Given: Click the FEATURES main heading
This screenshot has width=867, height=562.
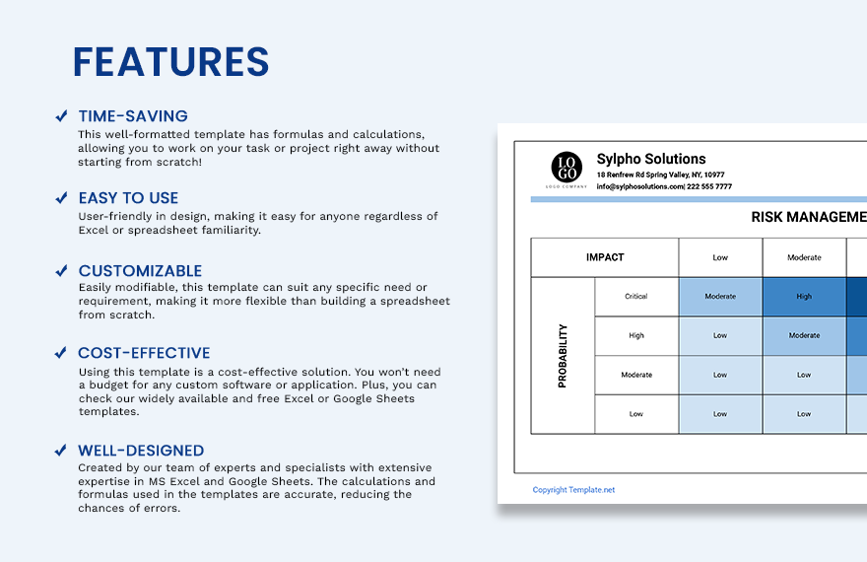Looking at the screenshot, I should pyautogui.click(x=170, y=62).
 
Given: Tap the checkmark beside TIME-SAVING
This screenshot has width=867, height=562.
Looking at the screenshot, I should pyautogui.click(x=61, y=116).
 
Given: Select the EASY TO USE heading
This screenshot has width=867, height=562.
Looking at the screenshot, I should pyautogui.click(x=128, y=198).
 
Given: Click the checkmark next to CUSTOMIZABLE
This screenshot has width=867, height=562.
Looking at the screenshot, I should pyautogui.click(x=61, y=271).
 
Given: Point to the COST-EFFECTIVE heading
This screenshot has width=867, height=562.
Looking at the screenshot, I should pyautogui.click(x=144, y=353).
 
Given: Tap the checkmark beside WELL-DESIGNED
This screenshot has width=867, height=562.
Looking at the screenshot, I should pyautogui.click(x=61, y=451).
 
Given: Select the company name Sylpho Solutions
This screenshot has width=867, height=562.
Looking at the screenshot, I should pyautogui.click(x=651, y=159).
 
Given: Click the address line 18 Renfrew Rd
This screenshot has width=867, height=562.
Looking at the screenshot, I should pyautogui.click(x=660, y=175).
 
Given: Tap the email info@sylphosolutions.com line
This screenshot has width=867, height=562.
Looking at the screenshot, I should pyautogui.click(x=664, y=186).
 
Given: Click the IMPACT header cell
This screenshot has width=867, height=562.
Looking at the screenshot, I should pyautogui.click(x=605, y=257).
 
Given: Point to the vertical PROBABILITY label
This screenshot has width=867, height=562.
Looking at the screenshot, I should pyautogui.click(x=563, y=356).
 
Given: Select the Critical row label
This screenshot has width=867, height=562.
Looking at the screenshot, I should pyautogui.click(x=636, y=296).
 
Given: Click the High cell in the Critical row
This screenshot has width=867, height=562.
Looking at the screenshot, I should pyautogui.click(x=804, y=296).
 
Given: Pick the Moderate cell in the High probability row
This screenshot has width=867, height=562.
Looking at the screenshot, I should pyautogui.click(x=804, y=335).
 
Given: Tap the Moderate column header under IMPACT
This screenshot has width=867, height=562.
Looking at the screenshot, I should pyautogui.click(x=804, y=257).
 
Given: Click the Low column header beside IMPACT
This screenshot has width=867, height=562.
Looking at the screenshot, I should pyautogui.click(x=720, y=257).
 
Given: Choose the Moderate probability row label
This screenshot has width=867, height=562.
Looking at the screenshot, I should pyautogui.click(x=636, y=375).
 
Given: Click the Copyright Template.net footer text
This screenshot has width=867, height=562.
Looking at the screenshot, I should pyautogui.click(x=573, y=490).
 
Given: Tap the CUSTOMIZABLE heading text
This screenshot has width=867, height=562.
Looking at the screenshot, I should pyautogui.click(x=140, y=271).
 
